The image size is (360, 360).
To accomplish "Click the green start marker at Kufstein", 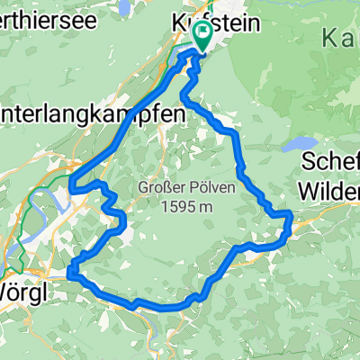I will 202,37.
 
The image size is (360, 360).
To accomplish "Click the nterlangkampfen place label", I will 90,114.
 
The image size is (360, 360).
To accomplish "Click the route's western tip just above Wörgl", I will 69,274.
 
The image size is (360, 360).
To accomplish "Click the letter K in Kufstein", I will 176,19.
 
